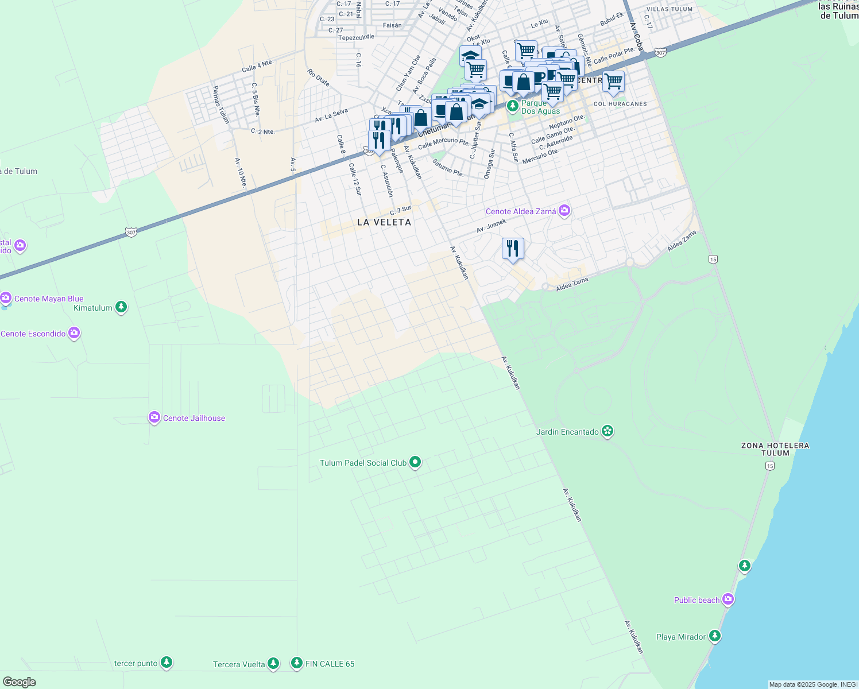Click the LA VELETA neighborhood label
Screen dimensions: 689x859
pyautogui.click(x=384, y=222)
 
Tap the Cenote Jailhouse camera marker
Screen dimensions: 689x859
pyautogui.click(x=154, y=417)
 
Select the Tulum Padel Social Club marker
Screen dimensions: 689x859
pyautogui.click(x=415, y=462)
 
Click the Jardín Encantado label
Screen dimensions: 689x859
pyautogui.click(x=567, y=432)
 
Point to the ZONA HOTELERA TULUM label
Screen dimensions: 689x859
pyautogui.click(x=775, y=449)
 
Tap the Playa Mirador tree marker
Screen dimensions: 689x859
pyautogui.click(x=714, y=636)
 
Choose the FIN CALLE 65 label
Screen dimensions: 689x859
pyautogui.click(x=330, y=664)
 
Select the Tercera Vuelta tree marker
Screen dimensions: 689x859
pyautogui.click(x=273, y=663)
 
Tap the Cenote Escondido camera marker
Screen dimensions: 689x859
pyautogui.click(x=73, y=332)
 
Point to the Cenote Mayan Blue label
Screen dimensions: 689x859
pyautogui.click(x=49, y=299)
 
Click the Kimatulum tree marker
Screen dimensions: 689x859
pyautogui.click(x=121, y=307)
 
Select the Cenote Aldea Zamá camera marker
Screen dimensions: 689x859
pyautogui.click(x=564, y=211)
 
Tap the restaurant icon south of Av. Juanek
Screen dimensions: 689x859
pyautogui.click(x=513, y=249)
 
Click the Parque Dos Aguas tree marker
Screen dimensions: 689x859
pyautogui.click(x=512, y=106)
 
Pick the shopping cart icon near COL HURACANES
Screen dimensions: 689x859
pyautogui.click(x=613, y=82)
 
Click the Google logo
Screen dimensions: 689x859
pyautogui.click(x=20, y=682)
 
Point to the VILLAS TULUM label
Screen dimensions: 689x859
pyautogui.click(x=669, y=9)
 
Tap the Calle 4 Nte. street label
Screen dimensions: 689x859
pyautogui.click(x=257, y=66)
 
